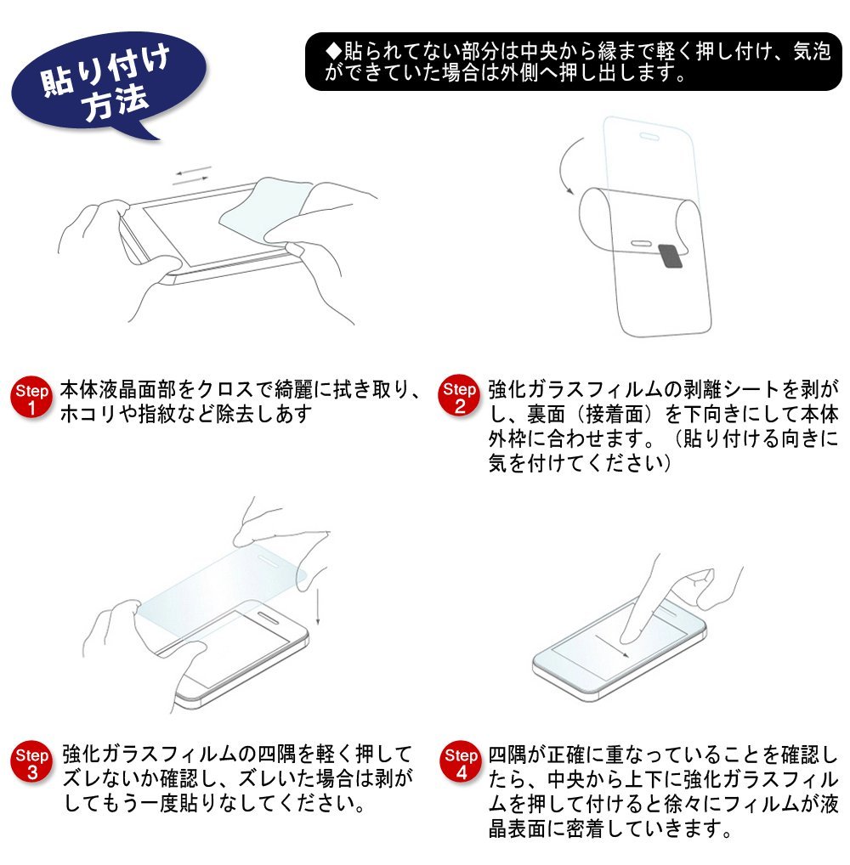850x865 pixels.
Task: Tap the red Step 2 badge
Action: pyautogui.click(x=459, y=397)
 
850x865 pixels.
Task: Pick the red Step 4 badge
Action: pyautogui.click(x=461, y=762)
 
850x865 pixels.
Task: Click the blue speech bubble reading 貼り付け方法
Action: pyautogui.click(x=108, y=82)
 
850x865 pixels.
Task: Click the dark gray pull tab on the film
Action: pyautogui.click(x=670, y=256)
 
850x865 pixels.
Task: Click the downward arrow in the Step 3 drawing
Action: pyautogui.click(x=318, y=607)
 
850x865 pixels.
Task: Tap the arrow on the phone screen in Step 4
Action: pyautogui.click(x=612, y=647)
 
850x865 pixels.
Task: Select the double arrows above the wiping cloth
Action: pyautogui.click(x=192, y=175)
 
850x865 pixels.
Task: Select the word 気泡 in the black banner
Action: pyautogui.click(x=812, y=51)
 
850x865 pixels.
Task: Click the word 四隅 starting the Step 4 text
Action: pyautogui.click(x=507, y=755)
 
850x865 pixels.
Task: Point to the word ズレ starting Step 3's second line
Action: pyautogui.click(x=82, y=778)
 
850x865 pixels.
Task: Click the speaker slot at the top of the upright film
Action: pyautogui.click(x=649, y=136)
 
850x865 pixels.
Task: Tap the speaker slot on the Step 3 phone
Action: pyautogui.click(x=269, y=616)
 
